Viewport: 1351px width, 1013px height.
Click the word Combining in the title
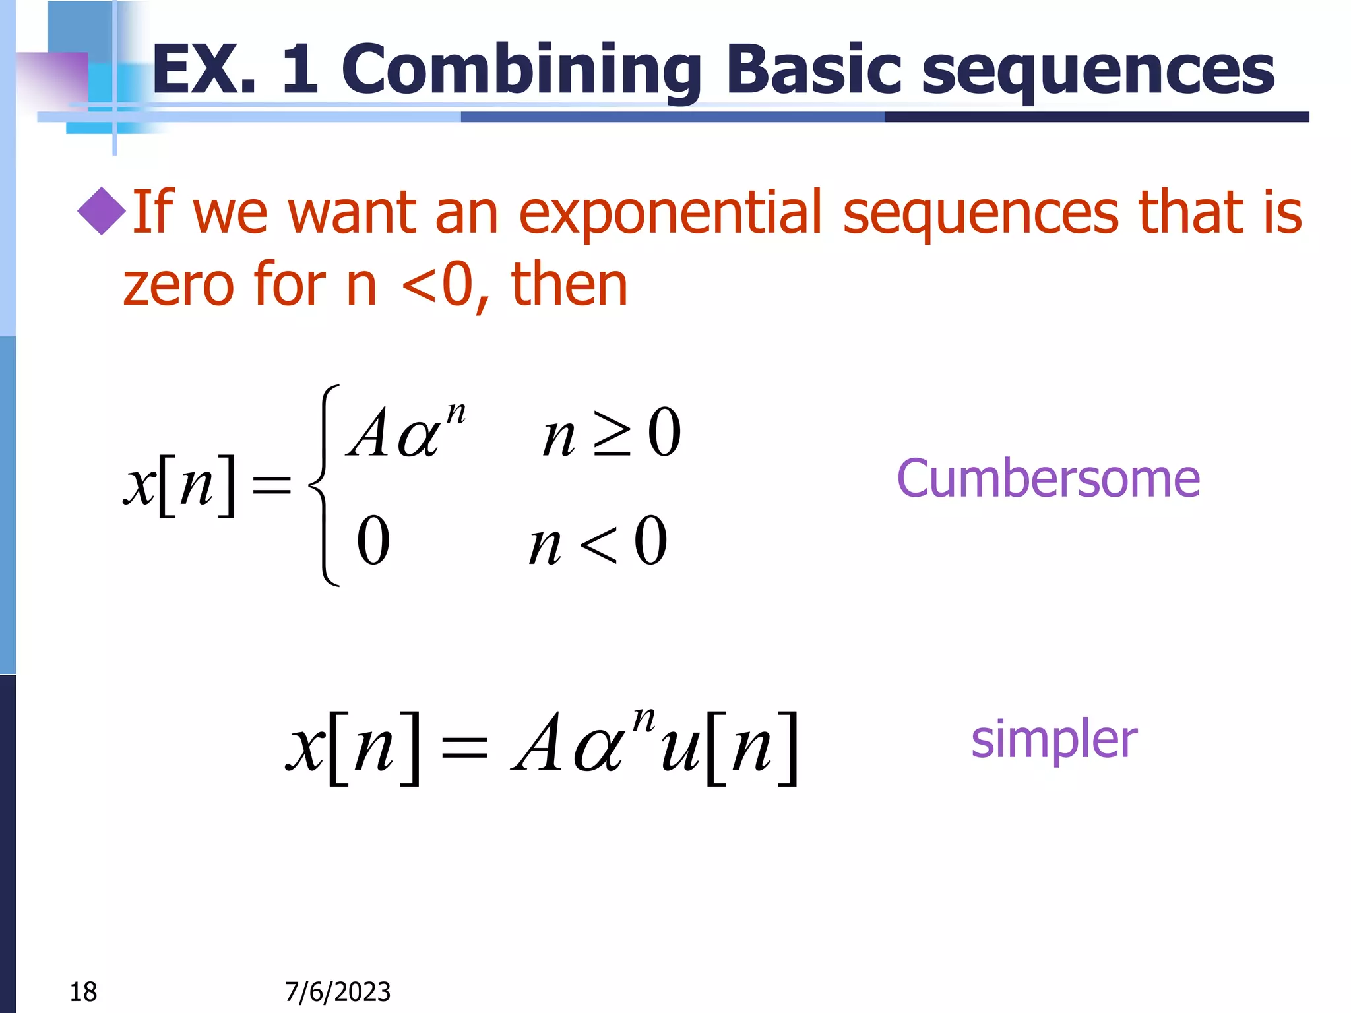click(521, 69)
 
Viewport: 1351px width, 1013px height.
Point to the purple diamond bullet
click(102, 212)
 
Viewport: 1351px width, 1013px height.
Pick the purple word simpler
click(1053, 740)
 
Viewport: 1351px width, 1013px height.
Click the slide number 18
click(83, 991)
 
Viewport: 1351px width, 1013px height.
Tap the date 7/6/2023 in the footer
click(338, 991)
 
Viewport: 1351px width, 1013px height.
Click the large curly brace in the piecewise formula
click(325, 485)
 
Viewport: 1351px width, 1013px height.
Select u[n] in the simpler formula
click(728, 748)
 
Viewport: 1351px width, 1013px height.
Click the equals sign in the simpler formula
click(464, 749)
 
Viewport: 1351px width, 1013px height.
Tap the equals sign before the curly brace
click(272, 485)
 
